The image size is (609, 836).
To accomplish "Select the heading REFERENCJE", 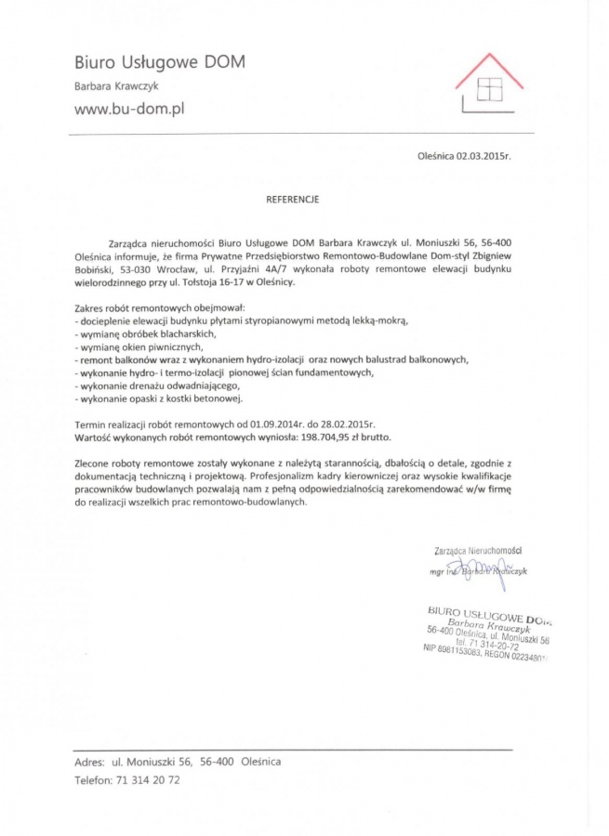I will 293,199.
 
